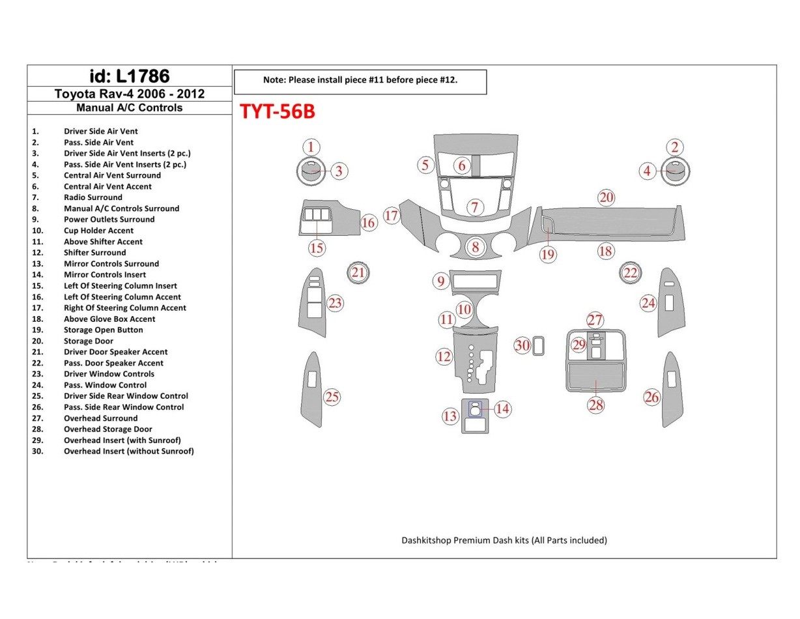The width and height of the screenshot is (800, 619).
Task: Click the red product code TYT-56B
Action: pyautogui.click(x=278, y=112)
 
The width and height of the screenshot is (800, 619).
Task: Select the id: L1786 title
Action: pyautogui.click(x=129, y=76)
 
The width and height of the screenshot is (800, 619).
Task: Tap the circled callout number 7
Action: pyautogui.click(x=476, y=208)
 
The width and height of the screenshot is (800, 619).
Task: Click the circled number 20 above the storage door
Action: pyautogui.click(x=607, y=197)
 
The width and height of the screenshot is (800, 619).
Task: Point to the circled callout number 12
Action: pyautogui.click(x=444, y=356)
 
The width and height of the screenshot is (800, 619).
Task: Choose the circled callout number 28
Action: pyautogui.click(x=596, y=405)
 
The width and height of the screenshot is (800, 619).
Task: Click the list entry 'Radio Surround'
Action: pyautogui.click(x=93, y=197)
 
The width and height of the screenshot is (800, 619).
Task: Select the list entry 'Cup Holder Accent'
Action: pyautogui.click(x=98, y=231)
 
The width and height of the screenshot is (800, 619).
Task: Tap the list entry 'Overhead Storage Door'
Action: pyautogui.click(x=107, y=429)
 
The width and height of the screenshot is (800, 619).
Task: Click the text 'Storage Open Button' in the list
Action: pyautogui.click(x=103, y=330)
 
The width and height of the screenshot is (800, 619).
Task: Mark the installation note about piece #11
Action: pyautogui.click(x=360, y=80)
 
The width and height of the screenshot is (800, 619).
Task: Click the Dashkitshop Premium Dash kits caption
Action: pyautogui.click(x=504, y=540)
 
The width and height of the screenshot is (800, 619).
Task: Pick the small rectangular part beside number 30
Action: pyautogui.click(x=539, y=345)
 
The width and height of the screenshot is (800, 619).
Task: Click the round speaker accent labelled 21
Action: pyautogui.click(x=358, y=272)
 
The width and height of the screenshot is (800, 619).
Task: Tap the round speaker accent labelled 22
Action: pyautogui.click(x=630, y=273)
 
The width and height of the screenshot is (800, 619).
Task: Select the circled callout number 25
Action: pyautogui.click(x=332, y=397)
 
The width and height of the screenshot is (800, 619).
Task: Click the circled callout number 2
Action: pyautogui.click(x=676, y=147)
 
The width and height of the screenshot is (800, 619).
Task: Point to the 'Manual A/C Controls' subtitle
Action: pyautogui.click(x=129, y=108)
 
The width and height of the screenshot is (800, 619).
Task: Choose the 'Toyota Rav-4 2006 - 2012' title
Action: pyautogui.click(x=129, y=94)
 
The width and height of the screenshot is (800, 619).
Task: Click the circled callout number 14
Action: pyautogui.click(x=502, y=409)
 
